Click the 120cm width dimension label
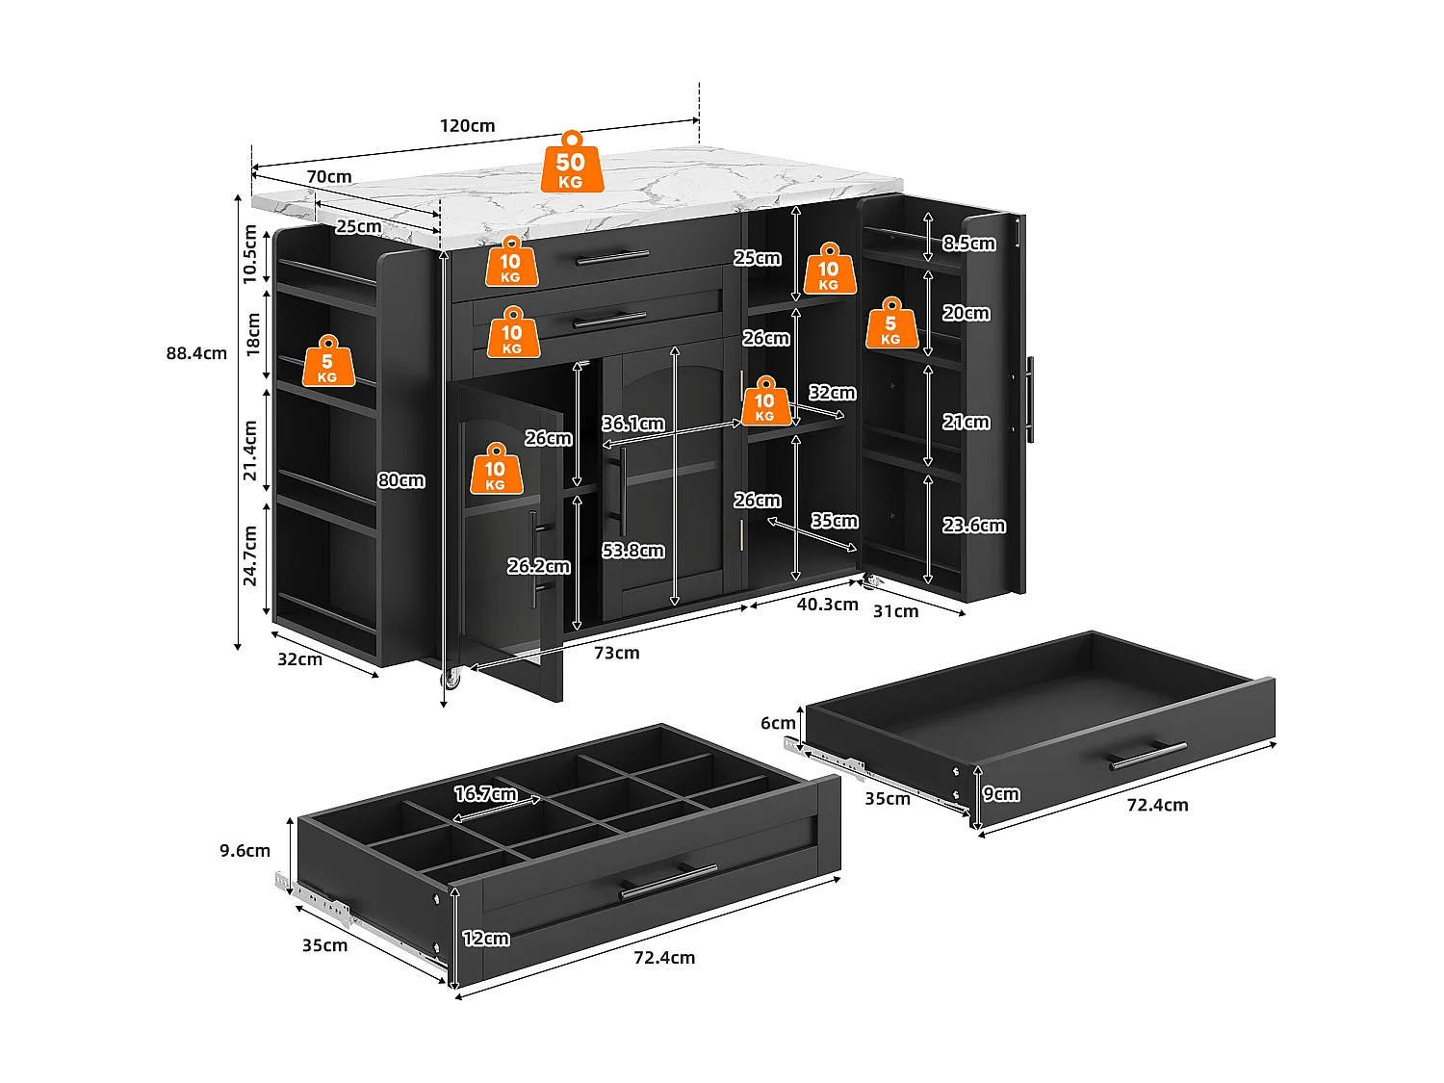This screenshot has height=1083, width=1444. click(468, 126)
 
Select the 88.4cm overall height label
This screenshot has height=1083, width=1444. click(196, 353)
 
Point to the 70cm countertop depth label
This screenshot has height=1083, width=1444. click(329, 177)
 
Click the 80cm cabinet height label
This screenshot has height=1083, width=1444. click(401, 480)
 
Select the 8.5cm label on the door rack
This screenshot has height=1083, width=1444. click(969, 244)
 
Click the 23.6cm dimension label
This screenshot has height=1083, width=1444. click(974, 526)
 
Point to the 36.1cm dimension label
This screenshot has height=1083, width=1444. click(633, 424)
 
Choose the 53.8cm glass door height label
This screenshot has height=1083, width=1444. click(633, 551)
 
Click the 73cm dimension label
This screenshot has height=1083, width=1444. click(616, 653)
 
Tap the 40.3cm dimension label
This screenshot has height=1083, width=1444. click(827, 605)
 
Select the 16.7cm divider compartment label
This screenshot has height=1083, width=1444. click(485, 794)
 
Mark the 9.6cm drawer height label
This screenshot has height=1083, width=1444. click(245, 851)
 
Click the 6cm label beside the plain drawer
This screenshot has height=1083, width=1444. click(778, 723)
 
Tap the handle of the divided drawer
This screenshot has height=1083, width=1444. click(668, 881)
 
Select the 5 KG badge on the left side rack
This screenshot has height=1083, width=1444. click(328, 362)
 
